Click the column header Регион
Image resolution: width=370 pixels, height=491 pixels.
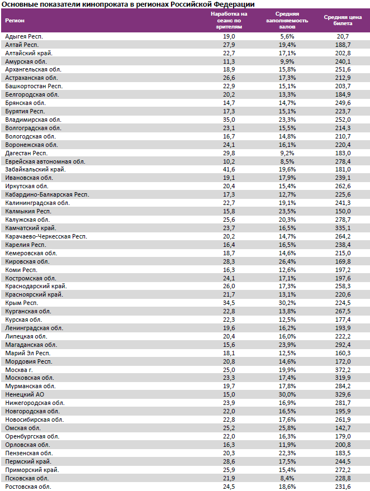(15, 21)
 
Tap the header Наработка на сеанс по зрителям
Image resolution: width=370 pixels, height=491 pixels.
(229, 20)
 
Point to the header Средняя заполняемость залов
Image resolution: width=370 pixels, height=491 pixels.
(287, 20)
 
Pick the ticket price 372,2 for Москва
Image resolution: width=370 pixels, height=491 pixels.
(343, 369)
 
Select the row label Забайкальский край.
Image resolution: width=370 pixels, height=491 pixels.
(35, 169)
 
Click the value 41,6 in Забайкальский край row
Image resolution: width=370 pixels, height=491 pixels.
(229, 169)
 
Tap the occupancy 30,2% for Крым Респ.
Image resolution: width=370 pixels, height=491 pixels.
(287, 303)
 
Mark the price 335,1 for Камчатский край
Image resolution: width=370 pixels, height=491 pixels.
(343, 228)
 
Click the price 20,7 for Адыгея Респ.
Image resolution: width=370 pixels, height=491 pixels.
(343, 36)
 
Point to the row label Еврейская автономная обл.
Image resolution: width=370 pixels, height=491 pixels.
(45, 161)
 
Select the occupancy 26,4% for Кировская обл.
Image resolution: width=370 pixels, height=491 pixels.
(287, 261)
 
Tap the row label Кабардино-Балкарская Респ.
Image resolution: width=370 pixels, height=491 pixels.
(47, 194)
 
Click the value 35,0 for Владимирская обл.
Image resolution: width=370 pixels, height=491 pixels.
(229, 120)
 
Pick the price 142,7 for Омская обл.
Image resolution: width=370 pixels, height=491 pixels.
(343, 428)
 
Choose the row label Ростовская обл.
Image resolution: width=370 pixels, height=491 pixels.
(28, 487)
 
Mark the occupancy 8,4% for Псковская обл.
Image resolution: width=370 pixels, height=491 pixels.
(287, 478)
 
